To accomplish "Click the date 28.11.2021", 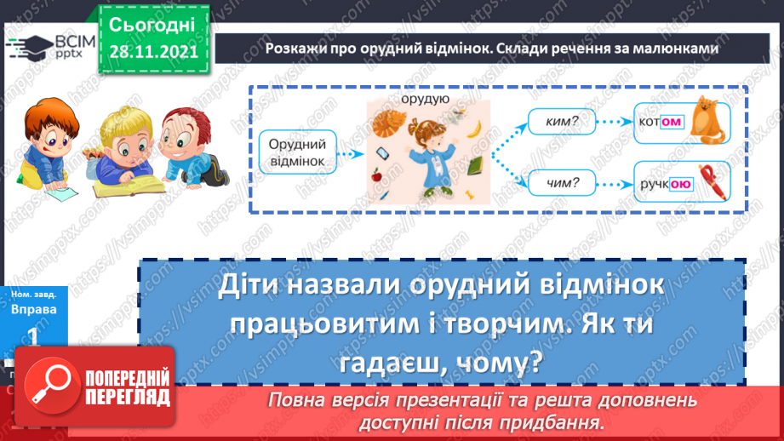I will point(152,50).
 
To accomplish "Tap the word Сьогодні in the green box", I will point(152,23).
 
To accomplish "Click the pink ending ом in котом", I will point(672,123).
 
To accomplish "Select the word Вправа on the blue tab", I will point(34,310).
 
